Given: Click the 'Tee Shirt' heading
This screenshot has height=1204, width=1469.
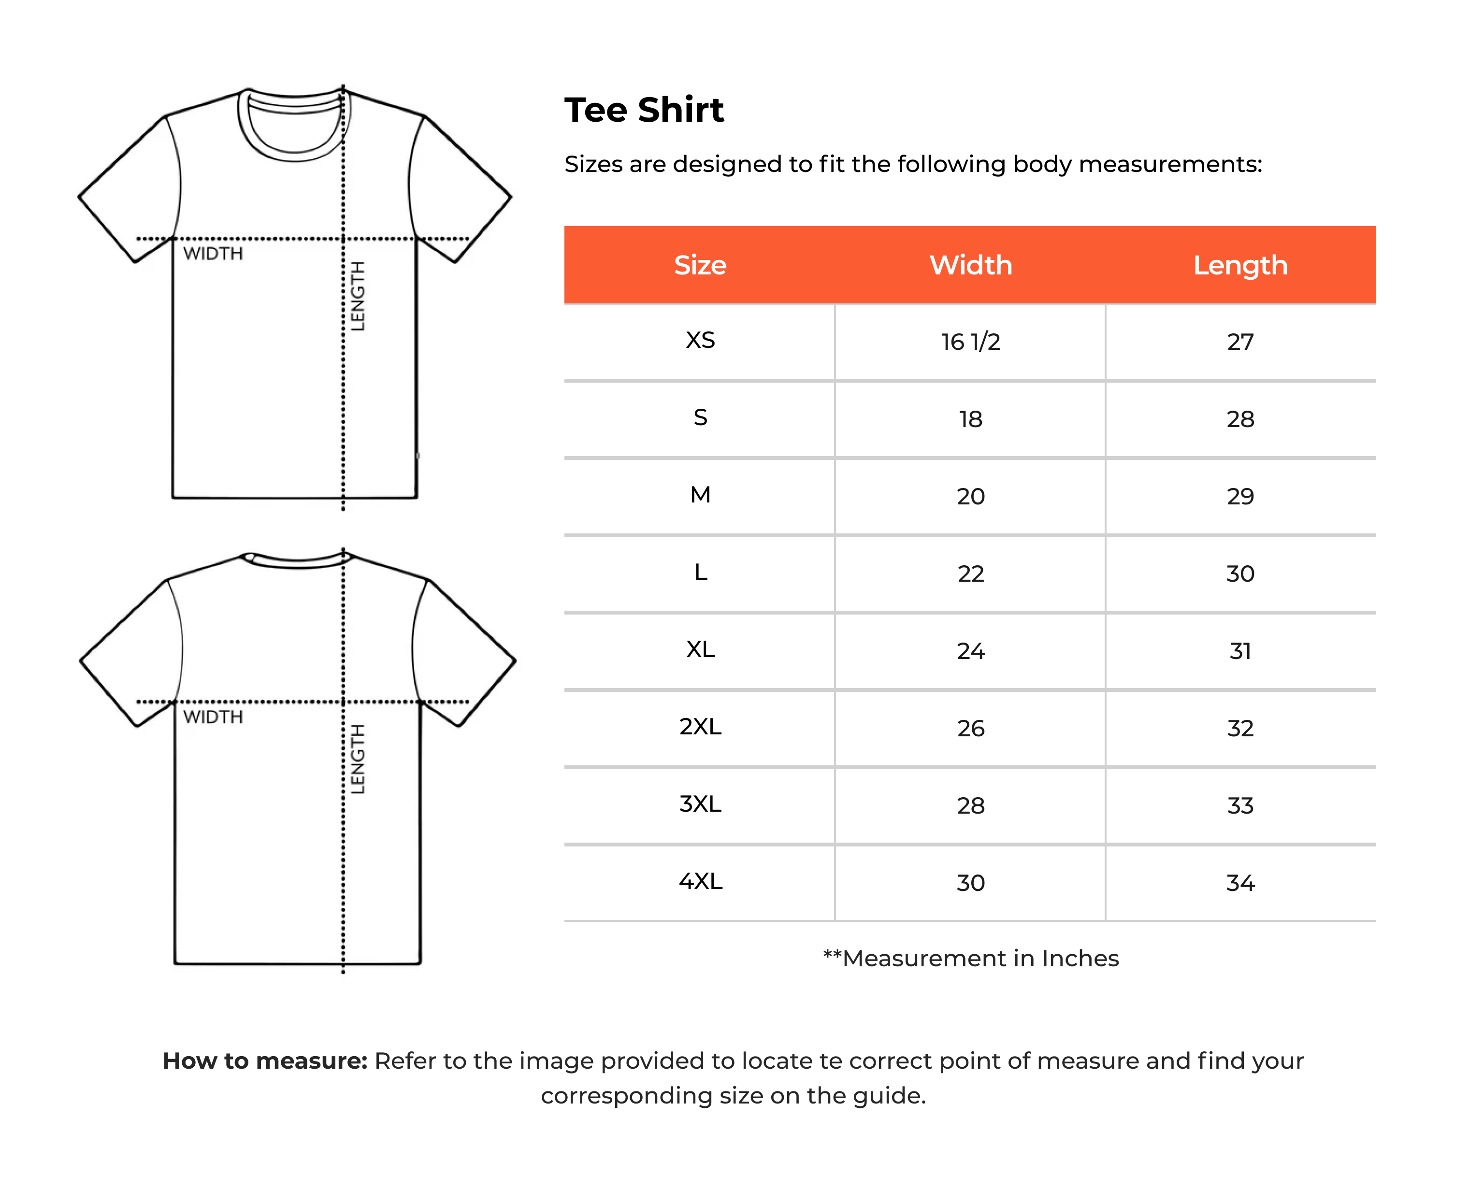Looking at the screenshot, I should (x=644, y=110).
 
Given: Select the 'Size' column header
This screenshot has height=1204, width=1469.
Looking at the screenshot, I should (x=700, y=265).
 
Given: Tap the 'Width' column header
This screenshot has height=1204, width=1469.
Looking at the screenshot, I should (x=970, y=265).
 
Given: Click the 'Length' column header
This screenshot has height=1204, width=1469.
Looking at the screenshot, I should (x=1240, y=265).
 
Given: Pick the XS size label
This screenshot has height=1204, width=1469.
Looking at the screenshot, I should (x=700, y=341).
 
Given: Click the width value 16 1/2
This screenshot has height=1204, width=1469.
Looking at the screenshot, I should (x=970, y=342).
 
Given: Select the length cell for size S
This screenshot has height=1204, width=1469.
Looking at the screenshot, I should (x=1240, y=419).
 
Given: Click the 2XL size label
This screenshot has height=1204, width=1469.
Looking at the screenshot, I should (x=700, y=727).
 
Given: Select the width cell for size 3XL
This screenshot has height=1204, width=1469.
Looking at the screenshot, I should (x=970, y=806).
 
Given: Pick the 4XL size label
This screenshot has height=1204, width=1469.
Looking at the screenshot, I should (x=700, y=881).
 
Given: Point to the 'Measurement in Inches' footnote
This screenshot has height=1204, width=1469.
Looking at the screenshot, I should (x=971, y=959).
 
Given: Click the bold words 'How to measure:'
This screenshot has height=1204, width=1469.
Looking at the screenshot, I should (x=265, y=1061).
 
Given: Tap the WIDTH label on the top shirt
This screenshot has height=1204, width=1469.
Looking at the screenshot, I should (x=213, y=254).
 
